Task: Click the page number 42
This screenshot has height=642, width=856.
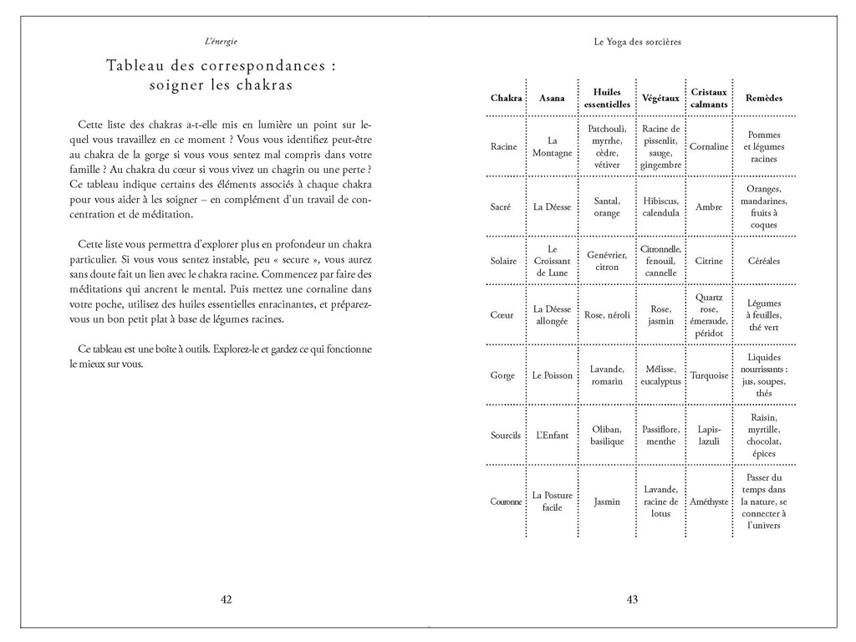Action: [226, 599]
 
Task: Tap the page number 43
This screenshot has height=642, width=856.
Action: [632, 599]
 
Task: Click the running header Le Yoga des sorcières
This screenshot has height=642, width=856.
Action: [633, 41]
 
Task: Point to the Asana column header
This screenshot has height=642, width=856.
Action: [552, 98]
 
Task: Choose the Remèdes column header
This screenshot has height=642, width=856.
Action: [763, 98]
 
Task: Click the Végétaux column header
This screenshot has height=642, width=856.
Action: [660, 98]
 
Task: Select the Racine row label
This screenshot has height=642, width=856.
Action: [503, 147]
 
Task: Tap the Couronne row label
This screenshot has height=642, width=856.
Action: [506, 502]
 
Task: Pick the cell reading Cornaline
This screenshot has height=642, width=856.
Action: [709, 147]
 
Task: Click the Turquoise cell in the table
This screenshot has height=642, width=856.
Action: [709, 375]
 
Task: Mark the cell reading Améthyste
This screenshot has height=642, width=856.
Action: [709, 502]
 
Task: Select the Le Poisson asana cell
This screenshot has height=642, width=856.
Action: [553, 375]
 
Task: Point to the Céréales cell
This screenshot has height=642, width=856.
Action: [763, 261]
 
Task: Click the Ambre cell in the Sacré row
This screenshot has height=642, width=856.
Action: [709, 206]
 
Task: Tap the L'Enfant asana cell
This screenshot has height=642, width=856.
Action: [553, 436]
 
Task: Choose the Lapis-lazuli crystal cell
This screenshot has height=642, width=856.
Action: [709, 436]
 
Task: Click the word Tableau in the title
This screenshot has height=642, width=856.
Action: [139, 66]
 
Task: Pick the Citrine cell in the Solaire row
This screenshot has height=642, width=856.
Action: [709, 261]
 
